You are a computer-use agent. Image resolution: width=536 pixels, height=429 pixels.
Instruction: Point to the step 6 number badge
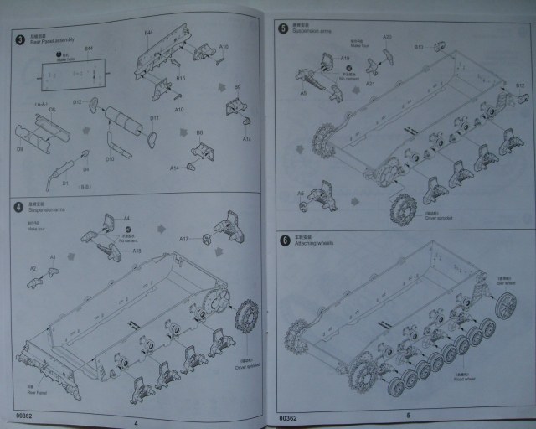tap(286, 241)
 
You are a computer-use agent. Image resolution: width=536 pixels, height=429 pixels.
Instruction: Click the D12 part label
tap(76, 102)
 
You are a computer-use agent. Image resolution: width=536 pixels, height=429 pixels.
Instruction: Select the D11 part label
tap(154, 118)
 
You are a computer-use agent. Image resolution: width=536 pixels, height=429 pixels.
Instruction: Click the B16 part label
tap(180, 78)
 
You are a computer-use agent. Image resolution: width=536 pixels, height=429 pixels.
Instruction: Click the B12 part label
tap(519, 86)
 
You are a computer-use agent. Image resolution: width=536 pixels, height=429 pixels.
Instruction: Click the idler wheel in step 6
tap(505, 308)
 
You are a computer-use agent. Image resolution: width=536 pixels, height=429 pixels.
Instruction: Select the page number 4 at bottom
tap(134, 421)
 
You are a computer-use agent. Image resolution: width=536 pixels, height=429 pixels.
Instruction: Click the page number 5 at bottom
tap(408, 416)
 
